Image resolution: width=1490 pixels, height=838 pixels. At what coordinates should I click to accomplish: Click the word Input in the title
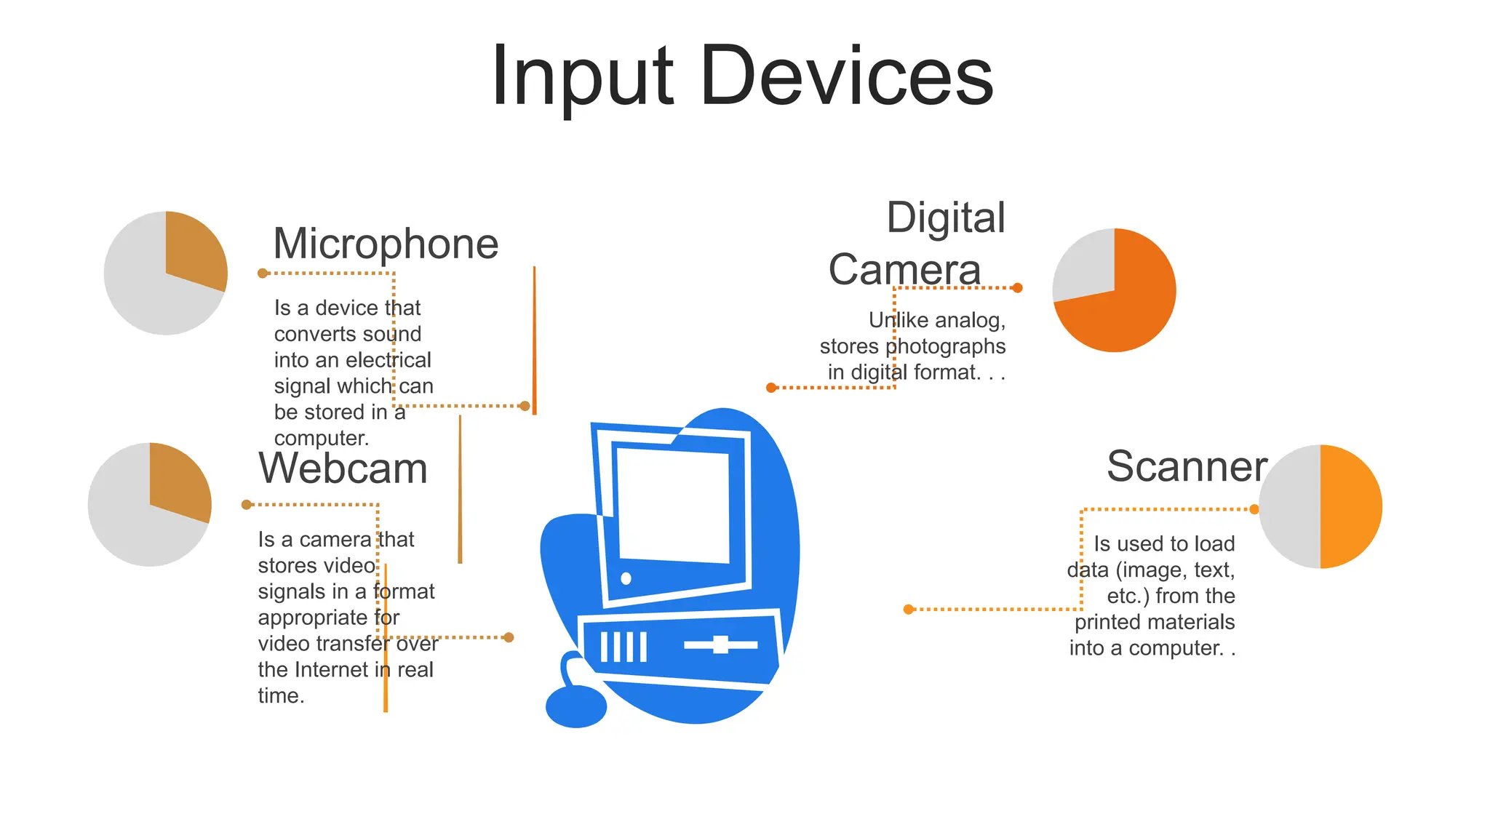582,76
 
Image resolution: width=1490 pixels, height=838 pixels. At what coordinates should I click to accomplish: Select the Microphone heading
386,244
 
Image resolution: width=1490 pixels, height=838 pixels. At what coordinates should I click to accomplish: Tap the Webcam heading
343,468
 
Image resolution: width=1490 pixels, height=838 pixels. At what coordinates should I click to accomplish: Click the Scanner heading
1187,466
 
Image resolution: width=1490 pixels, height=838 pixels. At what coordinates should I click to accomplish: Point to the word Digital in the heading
946,218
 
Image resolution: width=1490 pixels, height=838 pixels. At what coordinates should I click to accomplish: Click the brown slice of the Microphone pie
194,251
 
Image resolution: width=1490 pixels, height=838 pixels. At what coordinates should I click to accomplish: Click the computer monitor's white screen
673,506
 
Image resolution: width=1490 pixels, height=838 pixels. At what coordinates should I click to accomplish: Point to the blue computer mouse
575,706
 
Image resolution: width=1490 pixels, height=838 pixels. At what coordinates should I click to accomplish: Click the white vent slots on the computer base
624,647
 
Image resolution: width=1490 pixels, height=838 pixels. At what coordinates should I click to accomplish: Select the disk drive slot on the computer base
720,645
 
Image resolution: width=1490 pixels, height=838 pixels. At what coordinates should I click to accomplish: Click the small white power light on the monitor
626,579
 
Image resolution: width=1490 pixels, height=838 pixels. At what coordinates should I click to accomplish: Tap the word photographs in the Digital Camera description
945,346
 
